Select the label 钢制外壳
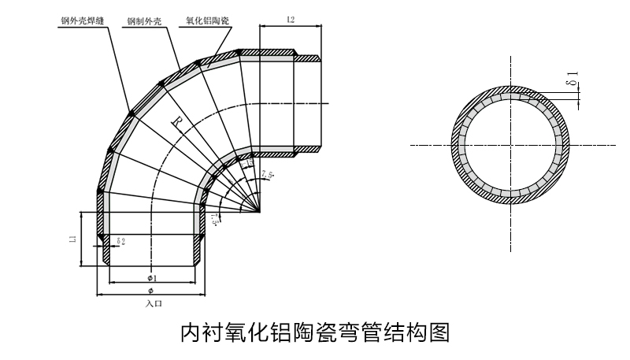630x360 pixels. [144, 23]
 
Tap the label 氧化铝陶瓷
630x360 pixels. [208, 23]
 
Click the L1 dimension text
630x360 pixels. [71, 236]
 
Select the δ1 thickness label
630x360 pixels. [574, 79]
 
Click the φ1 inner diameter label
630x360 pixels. [152, 278]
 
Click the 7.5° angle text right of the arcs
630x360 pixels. [267, 173]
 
